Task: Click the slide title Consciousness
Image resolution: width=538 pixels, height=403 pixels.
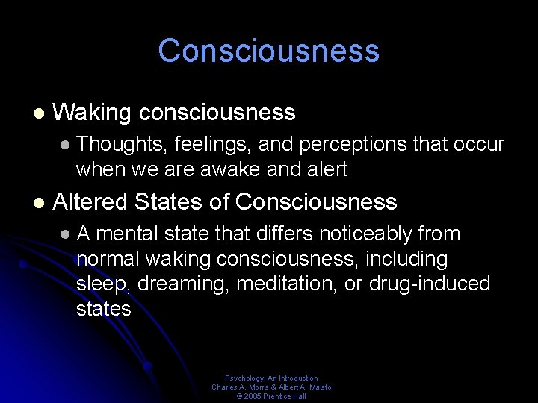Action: tap(269, 51)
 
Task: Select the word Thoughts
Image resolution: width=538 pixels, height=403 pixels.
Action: tap(122, 144)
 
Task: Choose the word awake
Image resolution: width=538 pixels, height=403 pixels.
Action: tap(226, 169)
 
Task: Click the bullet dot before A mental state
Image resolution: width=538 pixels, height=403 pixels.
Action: tap(66, 234)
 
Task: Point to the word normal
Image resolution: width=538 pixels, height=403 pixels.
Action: tap(108, 260)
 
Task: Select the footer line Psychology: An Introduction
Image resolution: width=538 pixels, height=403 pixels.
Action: tap(271, 378)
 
